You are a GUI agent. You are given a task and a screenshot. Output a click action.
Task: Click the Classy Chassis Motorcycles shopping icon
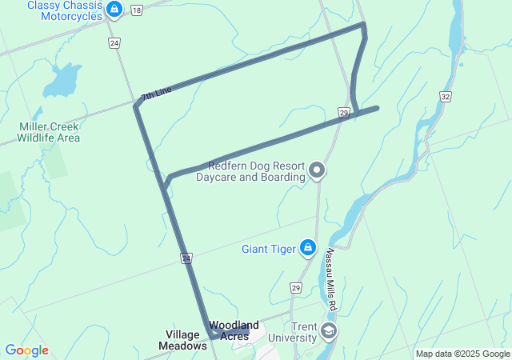[114, 10]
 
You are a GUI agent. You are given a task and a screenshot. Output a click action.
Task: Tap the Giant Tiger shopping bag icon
[307, 248]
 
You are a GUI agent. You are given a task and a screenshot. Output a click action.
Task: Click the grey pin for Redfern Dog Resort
[318, 170]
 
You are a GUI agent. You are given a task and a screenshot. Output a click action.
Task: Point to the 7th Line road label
[157, 94]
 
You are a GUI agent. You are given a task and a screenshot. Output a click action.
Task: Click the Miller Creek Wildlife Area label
[50, 132]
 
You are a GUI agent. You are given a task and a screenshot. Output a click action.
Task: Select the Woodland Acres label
[234, 330]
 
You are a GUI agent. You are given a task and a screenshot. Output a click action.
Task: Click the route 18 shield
[137, 10]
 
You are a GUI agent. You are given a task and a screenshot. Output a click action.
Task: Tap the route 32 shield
[446, 96]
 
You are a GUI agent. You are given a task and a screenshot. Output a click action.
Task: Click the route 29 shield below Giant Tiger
[295, 287]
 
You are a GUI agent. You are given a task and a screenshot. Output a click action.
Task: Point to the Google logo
[26, 350]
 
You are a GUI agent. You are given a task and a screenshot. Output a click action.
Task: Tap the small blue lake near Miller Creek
[62, 80]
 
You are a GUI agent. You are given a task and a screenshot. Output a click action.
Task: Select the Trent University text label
[293, 332]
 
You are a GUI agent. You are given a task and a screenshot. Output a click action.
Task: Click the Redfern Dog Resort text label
[251, 171]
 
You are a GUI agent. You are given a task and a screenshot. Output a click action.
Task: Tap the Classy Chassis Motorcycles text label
[64, 10]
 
